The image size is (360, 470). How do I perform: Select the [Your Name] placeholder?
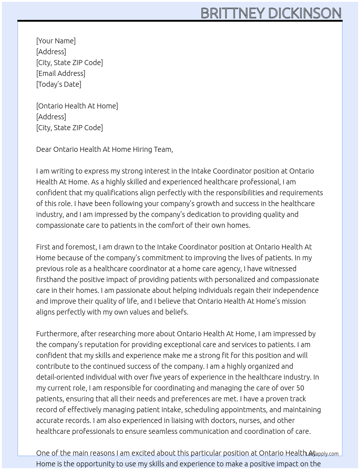tap(56, 41)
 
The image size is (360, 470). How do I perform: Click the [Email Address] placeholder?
tap(61, 73)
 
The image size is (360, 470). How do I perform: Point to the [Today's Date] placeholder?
tap(59, 84)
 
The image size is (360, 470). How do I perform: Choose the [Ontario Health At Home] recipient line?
tap(77, 106)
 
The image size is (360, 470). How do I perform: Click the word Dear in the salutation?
tap(44, 149)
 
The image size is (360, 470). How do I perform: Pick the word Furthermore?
tap(57, 334)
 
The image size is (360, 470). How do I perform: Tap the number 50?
tap(300, 388)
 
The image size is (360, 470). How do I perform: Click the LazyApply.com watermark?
tap(322, 454)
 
